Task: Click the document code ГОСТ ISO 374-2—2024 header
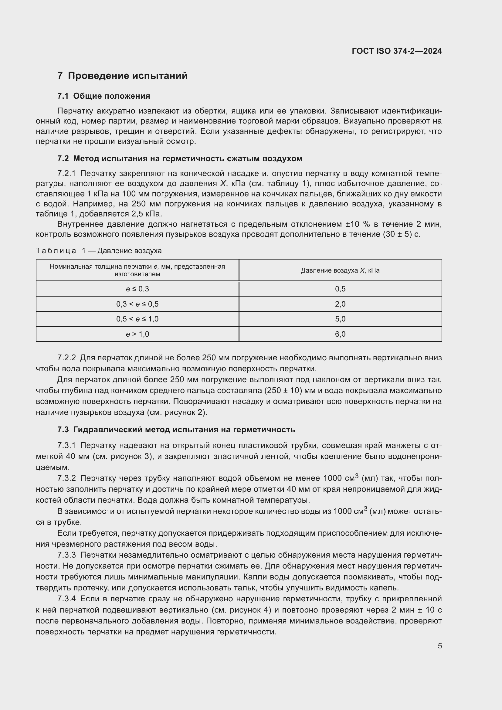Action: [x=397, y=51]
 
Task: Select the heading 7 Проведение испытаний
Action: [x=122, y=76]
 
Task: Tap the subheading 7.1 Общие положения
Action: [x=103, y=96]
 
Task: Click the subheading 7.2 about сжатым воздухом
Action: [x=180, y=159]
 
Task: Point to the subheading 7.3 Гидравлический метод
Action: [x=176, y=430]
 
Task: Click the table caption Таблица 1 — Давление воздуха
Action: [x=99, y=250]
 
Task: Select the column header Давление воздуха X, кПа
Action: [x=340, y=270]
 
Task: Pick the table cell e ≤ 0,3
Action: [x=137, y=289]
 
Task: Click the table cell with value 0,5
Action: [x=340, y=289]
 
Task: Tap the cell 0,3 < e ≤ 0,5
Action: [x=137, y=304]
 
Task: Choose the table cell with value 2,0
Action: [x=340, y=304]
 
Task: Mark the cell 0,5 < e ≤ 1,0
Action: [x=137, y=319]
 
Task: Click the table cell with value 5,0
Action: [x=340, y=319]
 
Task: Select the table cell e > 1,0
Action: [x=137, y=334]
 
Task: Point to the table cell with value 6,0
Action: [x=340, y=334]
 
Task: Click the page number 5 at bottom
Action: [x=439, y=646]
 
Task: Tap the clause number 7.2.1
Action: [x=66, y=174]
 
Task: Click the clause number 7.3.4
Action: [x=66, y=599]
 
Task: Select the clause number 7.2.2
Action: [x=66, y=358]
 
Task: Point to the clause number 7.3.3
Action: [x=66, y=555]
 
